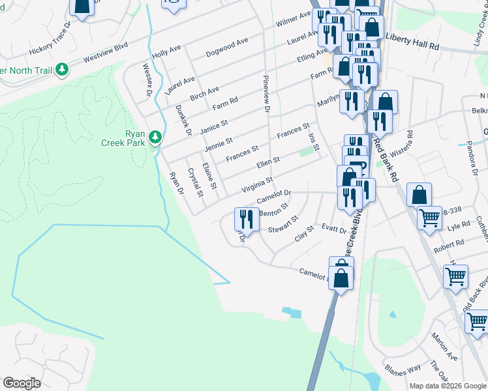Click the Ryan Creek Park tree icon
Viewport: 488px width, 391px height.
pyautogui.click(x=155, y=136)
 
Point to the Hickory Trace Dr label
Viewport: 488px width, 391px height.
pyautogui.click(x=49, y=42)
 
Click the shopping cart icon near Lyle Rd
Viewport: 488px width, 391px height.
pyautogui.click(x=429, y=218)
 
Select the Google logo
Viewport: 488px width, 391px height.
pyautogui.click(x=22, y=383)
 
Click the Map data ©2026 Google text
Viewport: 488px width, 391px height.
pyautogui.click(x=447, y=386)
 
